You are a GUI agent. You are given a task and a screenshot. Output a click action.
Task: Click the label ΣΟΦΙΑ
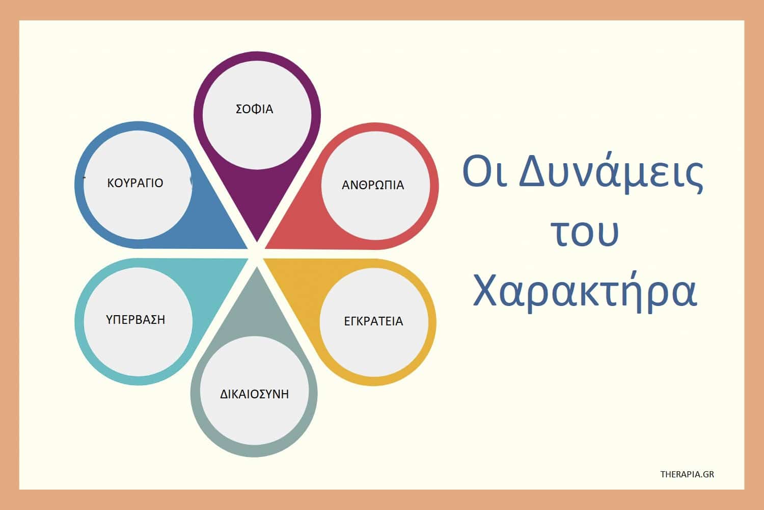click(x=255, y=109)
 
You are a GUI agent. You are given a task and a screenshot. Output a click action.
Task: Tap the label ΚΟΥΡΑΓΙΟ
click(x=135, y=183)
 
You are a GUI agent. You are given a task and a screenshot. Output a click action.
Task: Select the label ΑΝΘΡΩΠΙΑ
click(x=373, y=185)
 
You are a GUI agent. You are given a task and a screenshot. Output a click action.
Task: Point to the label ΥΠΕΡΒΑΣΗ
click(x=135, y=319)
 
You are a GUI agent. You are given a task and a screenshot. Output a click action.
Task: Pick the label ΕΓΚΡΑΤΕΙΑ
click(x=373, y=321)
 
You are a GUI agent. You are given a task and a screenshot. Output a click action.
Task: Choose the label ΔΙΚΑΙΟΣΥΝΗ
click(x=255, y=394)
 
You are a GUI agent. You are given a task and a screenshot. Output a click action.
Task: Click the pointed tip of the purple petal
click(x=257, y=241)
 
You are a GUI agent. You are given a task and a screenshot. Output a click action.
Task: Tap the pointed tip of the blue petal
click(x=247, y=248)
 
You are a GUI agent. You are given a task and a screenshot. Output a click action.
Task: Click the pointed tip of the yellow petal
click(x=264, y=259)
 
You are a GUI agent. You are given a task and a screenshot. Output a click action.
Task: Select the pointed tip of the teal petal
click(x=248, y=259)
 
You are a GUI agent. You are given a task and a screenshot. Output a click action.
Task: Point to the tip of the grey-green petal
click(x=257, y=267)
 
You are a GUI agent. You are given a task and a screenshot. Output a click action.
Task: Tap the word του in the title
click(x=585, y=233)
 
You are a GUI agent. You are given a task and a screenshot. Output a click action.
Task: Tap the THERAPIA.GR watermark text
click(x=687, y=474)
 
